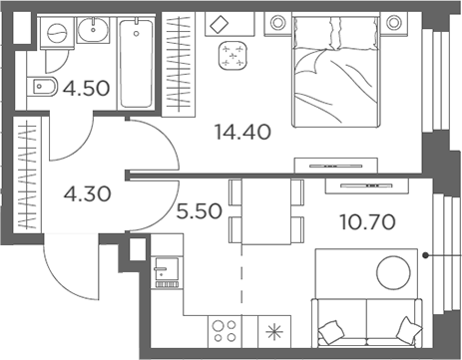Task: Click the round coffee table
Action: tap(392, 271)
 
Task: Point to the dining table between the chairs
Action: tap(266, 211)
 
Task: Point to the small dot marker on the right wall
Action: tap(426, 256)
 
